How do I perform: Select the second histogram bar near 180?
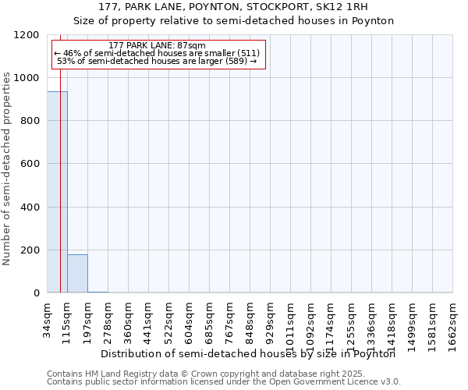77,273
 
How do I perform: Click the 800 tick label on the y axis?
30,121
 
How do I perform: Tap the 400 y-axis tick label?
30,207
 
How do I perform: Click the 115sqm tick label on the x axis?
68,318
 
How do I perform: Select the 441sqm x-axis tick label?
149,318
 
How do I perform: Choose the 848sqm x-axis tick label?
250,318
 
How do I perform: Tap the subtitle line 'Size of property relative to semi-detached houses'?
234,20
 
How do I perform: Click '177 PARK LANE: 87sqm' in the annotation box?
158,46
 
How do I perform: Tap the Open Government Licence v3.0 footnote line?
224,382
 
